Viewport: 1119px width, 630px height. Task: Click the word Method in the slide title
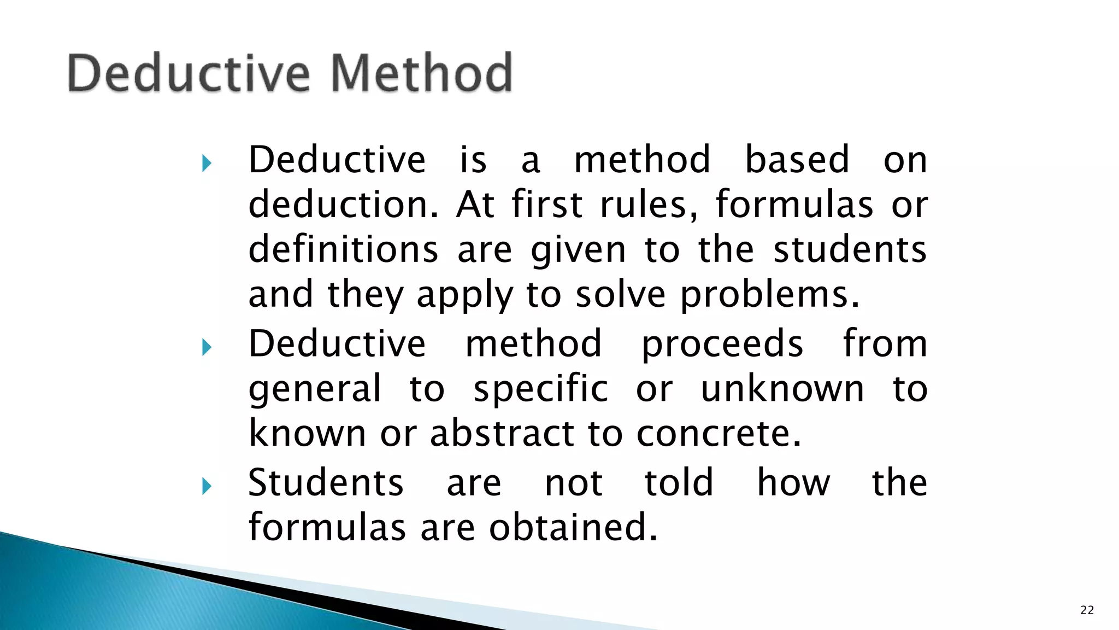pos(421,73)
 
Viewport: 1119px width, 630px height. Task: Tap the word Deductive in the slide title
pos(189,73)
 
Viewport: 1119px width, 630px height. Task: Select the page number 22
pos(1087,610)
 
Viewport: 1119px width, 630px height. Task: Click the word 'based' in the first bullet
pos(797,160)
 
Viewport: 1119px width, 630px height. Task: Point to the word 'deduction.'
pos(343,205)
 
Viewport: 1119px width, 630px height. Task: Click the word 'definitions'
pos(343,249)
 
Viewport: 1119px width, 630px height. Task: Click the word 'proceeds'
pos(722,345)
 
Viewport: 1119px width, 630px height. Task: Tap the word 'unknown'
pos(782,389)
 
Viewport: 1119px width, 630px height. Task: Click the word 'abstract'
pos(502,434)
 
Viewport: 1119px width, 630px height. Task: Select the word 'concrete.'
pos(718,434)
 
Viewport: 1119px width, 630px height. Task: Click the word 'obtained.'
pos(573,527)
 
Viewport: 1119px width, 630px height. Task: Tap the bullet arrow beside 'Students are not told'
pos(206,486)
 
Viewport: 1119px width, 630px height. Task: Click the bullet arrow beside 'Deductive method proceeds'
pos(206,347)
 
